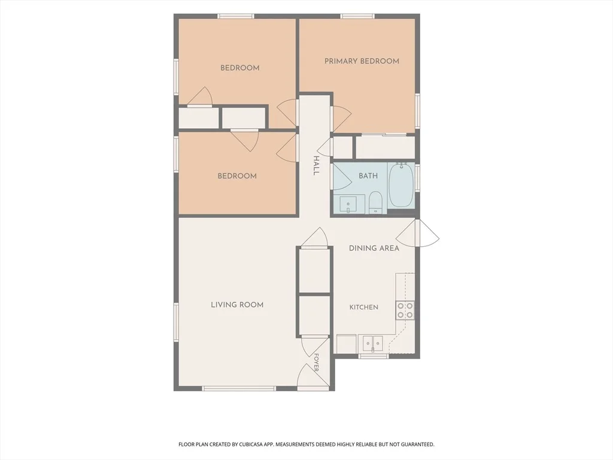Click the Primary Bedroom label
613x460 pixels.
point(362,61)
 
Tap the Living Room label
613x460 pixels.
point(237,305)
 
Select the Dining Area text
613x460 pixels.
point(374,248)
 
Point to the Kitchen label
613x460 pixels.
point(363,307)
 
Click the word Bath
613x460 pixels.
point(368,176)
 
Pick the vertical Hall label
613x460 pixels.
point(316,165)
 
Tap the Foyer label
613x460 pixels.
point(316,362)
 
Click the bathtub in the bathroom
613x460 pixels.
point(402,185)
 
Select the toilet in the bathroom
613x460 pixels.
point(376,202)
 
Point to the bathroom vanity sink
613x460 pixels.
point(348,205)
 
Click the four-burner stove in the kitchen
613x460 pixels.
point(405,310)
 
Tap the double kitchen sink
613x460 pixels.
point(372,343)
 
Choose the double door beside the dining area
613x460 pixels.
point(417,233)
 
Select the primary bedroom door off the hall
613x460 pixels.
point(341,119)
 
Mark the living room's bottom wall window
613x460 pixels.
point(239,388)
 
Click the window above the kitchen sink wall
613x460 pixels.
point(374,356)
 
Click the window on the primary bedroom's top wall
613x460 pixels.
point(357,16)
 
